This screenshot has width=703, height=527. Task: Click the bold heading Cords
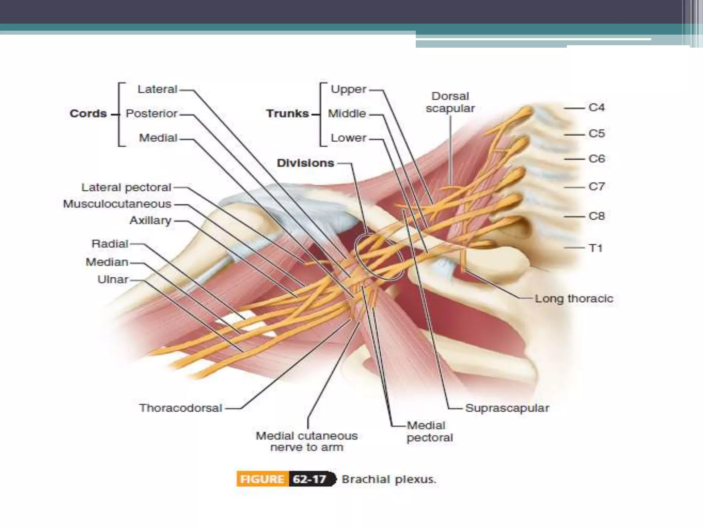[88, 114]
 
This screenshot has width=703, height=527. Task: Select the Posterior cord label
[151, 114]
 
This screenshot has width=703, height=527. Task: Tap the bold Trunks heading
[287, 114]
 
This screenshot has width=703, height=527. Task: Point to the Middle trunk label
[347, 114]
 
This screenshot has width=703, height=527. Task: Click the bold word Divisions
[305, 163]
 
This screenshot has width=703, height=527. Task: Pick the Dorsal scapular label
[450, 102]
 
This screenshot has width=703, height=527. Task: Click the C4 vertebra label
[596, 108]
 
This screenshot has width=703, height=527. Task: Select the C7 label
[596, 187]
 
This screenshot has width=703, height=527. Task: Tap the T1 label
[596, 248]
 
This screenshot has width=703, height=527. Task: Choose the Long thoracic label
[574, 298]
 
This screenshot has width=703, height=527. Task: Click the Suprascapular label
[507, 408]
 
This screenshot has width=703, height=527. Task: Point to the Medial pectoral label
[429, 432]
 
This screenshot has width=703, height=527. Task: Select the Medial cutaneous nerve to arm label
[307, 441]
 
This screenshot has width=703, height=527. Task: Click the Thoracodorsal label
[181, 408]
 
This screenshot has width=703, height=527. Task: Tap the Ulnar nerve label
[113, 280]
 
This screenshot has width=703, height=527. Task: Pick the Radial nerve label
[110, 244]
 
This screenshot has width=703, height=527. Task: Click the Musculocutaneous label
[117, 204]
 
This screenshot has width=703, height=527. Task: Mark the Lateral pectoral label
[126, 187]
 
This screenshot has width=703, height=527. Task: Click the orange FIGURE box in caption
[262, 479]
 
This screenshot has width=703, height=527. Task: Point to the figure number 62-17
[310, 479]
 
